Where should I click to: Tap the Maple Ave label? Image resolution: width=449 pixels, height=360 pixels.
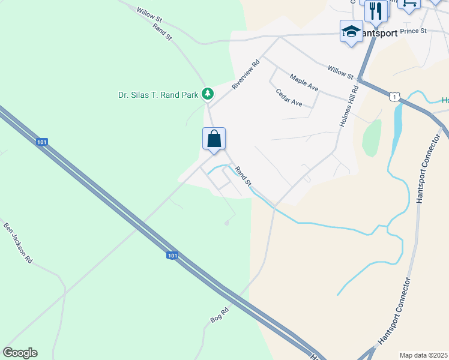(304, 82)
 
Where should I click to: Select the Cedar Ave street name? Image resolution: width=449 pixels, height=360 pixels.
(289, 97)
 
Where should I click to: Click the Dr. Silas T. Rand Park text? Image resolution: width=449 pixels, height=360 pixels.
(158, 94)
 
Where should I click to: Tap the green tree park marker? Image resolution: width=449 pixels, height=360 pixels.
(208, 93)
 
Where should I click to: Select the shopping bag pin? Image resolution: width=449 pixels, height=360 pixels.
(214, 139)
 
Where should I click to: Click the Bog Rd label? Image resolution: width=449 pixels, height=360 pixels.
(220, 314)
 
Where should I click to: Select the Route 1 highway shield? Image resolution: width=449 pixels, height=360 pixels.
(393, 96)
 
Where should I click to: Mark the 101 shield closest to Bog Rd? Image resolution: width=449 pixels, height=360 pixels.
(172, 256)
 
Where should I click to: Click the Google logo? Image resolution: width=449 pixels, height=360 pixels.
(20, 353)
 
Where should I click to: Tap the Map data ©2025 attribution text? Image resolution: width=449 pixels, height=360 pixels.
(423, 355)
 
